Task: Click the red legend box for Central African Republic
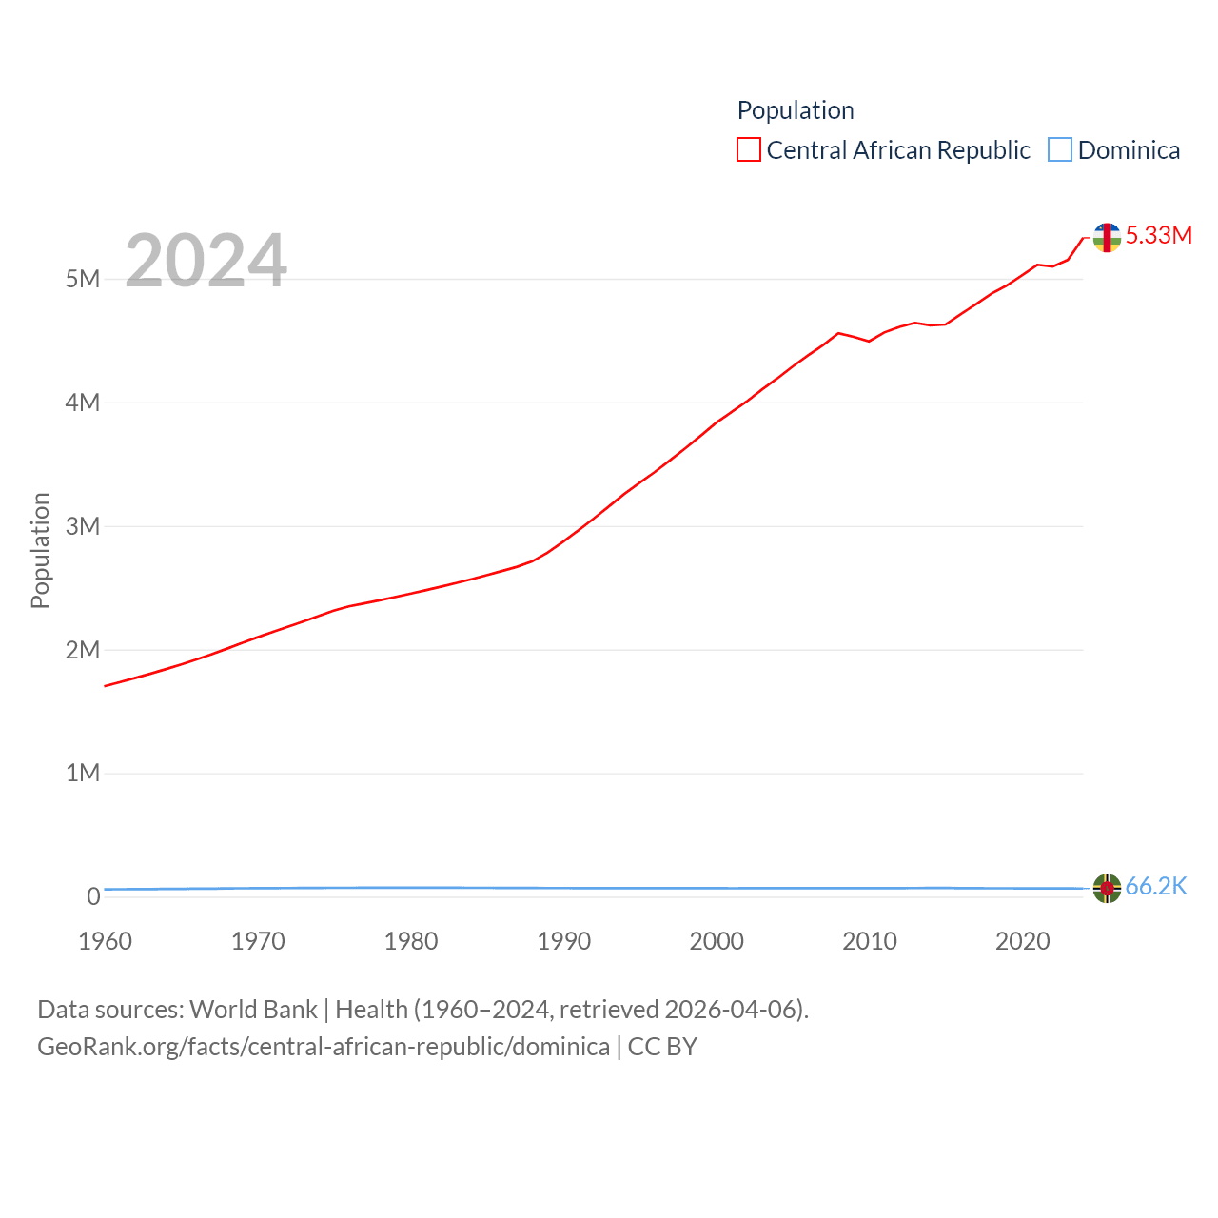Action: tap(749, 150)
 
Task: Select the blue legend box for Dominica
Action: tap(1059, 150)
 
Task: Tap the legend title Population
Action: tap(796, 110)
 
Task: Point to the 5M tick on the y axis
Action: tap(83, 279)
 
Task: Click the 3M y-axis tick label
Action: tap(83, 526)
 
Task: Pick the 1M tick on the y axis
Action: tap(83, 773)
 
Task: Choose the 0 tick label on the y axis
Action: tap(93, 896)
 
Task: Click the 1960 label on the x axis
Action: tap(105, 941)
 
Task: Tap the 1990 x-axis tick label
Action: tap(563, 941)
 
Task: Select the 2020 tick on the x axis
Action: tap(1022, 941)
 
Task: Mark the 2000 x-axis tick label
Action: tap(717, 941)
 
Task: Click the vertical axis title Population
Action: tap(40, 550)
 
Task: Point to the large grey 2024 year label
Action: tap(206, 261)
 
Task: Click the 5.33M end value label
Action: tap(1158, 235)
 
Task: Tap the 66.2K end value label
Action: tap(1156, 887)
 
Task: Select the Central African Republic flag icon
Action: tap(1107, 237)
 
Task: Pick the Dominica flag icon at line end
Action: tap(1107, 888)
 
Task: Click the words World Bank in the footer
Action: tap(253, 1009)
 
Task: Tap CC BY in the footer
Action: tap(662, 1047)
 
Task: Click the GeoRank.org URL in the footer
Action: tap(324, 1047)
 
